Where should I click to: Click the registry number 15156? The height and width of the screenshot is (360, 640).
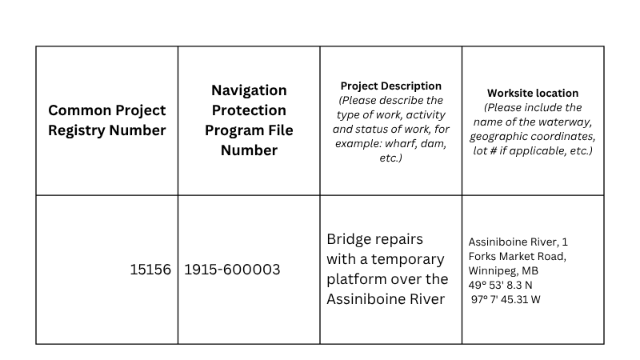tap(150, 270)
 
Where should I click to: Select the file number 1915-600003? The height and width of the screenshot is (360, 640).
tap(232, 270)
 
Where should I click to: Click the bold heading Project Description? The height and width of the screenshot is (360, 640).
tap(391, 86)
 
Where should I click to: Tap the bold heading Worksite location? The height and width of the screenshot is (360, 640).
tap(533, 93)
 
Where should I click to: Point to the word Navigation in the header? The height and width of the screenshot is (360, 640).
tap(249, 90)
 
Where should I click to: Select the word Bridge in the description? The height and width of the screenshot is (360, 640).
tap(348, 239)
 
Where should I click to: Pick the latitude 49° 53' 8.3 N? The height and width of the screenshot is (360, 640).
tap(501, 285)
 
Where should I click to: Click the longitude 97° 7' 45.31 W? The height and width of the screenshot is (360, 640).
tap(506, 299)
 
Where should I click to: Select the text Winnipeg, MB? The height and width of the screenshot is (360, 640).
tap(503, 270)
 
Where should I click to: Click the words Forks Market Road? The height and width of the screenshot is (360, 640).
tap(516, 256)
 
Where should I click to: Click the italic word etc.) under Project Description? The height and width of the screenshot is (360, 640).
tap(391, 158)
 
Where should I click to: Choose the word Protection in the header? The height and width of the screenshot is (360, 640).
tap(249, 110)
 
